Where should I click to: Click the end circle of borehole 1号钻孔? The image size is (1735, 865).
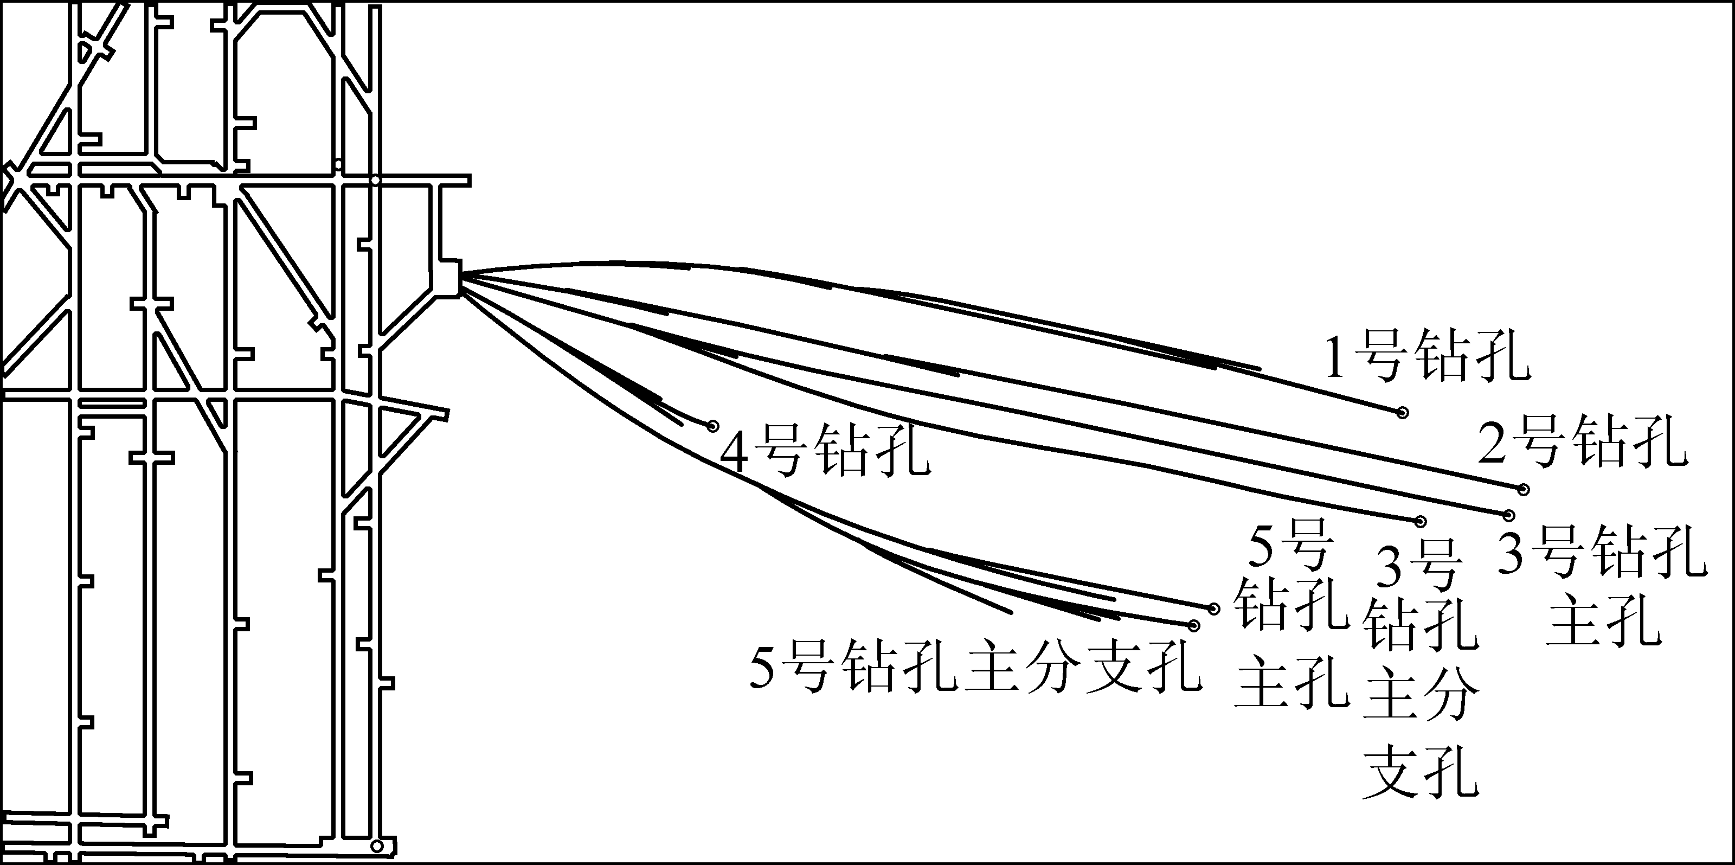[x=1402, y=412]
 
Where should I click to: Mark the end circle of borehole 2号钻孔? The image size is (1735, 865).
[x=1524, y=489]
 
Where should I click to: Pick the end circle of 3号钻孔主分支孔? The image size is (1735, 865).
[x=1421, y=521]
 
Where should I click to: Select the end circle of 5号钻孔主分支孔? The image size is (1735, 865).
[x=1194, y=626]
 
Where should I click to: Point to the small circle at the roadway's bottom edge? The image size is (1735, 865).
[x=377, y=846]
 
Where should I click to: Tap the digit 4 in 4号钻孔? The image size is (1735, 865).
[x=735, y=453]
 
